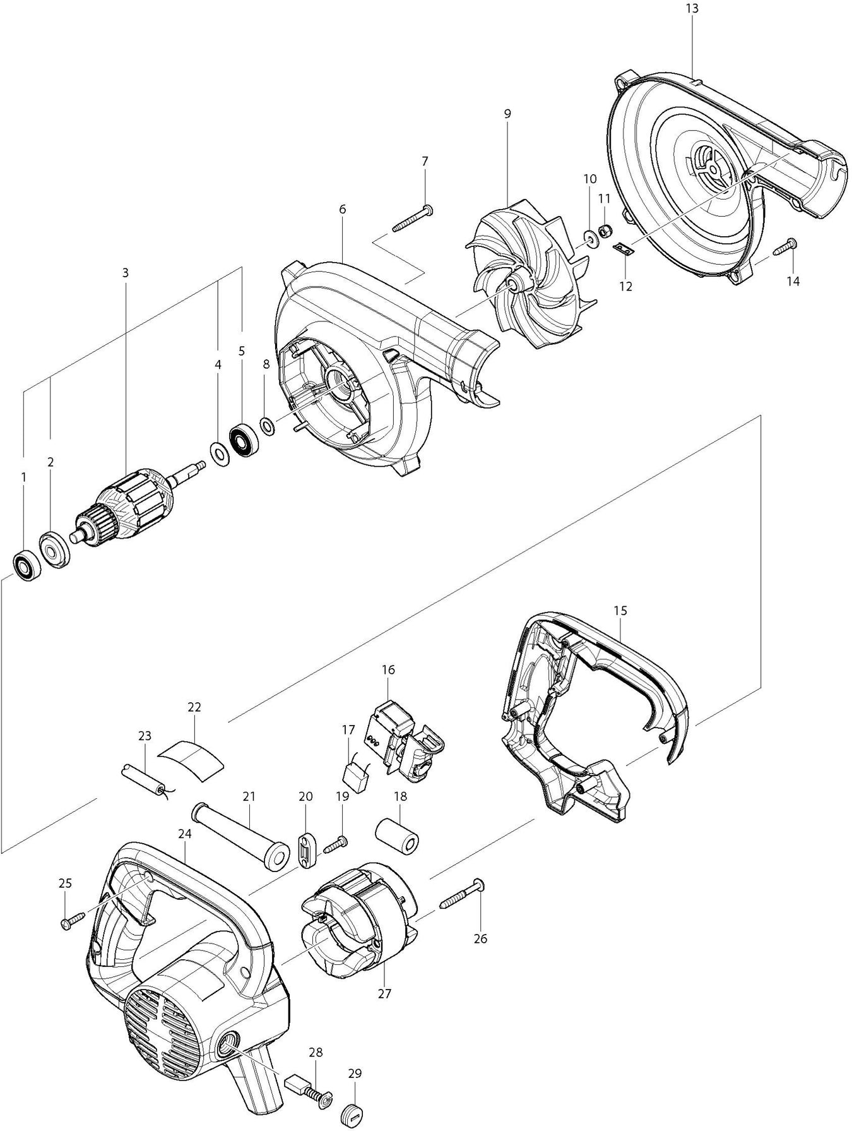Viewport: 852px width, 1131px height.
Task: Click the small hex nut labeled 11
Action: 603,231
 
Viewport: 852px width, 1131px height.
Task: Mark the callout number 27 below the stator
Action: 384,993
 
